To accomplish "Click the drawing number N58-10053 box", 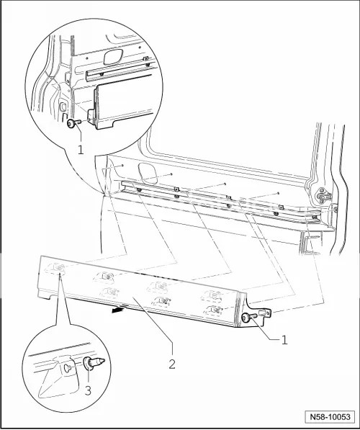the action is coord(330,417).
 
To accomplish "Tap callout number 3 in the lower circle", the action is coord(88,390).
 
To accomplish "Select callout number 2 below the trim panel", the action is coord(172,364).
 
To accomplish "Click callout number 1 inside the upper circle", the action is coord(81,150).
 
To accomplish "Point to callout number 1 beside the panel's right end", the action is coord(284,340).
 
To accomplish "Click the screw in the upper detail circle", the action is coord(74,123).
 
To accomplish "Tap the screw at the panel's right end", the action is coord(249,318).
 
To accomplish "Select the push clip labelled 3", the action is coord(94,362).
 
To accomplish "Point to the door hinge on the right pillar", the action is coord(324,195).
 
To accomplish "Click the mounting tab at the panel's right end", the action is coord(266,313).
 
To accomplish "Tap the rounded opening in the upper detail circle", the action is coord(113,57).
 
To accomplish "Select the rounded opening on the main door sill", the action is coord(148,173).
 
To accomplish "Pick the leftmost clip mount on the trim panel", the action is coord(56,269).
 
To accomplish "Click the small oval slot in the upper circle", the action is coord(63,106).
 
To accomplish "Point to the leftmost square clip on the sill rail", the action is coord(177,189).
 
